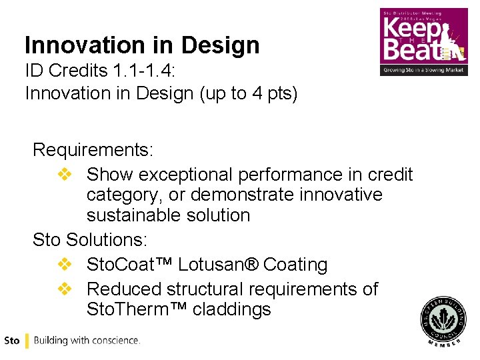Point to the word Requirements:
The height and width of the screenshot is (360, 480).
[x=93, y=149]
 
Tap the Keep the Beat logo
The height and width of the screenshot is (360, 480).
[x=423, y=41]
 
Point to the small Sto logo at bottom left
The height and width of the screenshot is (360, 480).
[x=11, y=341]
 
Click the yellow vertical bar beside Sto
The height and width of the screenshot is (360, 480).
[x=26, y=341]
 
